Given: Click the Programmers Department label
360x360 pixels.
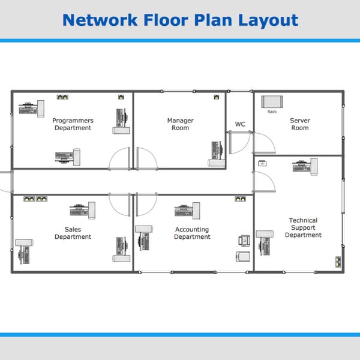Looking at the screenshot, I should [73, 124].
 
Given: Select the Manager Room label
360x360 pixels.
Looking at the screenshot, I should [180, 124].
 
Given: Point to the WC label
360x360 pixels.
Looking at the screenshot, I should [240, 124].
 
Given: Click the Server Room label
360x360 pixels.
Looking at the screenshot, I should [300, 124].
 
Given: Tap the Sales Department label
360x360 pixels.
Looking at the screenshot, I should [73, 233].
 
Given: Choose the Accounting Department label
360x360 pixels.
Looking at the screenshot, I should [192, 233].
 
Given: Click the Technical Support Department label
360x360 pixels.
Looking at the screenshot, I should [303, 228].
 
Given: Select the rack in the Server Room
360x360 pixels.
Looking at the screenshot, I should [272, 102].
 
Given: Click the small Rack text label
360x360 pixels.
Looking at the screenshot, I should [272, 112].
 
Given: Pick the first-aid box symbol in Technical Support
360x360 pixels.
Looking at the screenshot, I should [262, 163].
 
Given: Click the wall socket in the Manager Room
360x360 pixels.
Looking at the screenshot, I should [216, 96].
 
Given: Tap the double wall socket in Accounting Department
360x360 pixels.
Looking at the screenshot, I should [241, 198].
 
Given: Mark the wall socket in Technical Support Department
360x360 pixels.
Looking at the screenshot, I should [338, 262].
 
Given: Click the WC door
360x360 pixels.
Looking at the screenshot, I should [239, 143].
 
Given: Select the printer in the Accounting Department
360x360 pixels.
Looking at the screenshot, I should [244, 240].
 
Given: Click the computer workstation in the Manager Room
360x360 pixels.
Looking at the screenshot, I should [215, 154].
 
